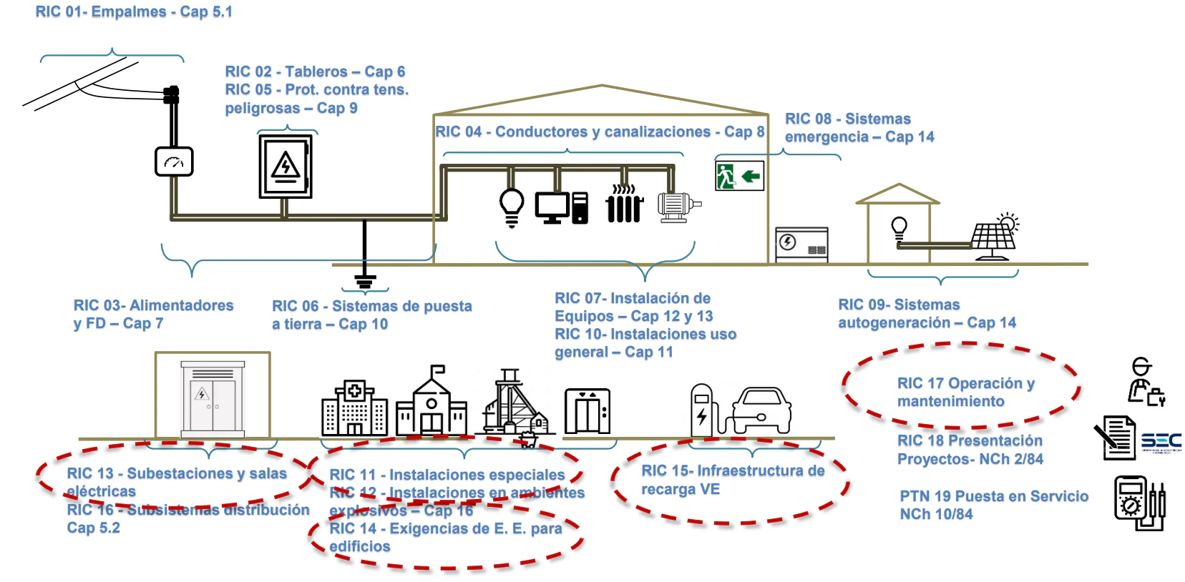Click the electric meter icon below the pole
[x=174, y=162]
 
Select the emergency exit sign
[x=739, y=176]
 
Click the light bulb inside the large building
[x=512, y=206]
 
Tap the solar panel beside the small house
[x=994, y=236]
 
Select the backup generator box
[x=801, y=244]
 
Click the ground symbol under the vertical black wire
[x=365, y=282]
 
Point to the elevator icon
[x=587, y=411]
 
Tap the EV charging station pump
[x=702, y=410]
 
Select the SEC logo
[x=1161, y=442]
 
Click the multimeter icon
[x=1139, y=503]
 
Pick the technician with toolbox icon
[x=1146, y=383]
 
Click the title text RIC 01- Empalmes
[x=134, y=12]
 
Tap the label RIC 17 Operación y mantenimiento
[x=965, y=392]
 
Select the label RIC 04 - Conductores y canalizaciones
[x=600, y=132]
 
